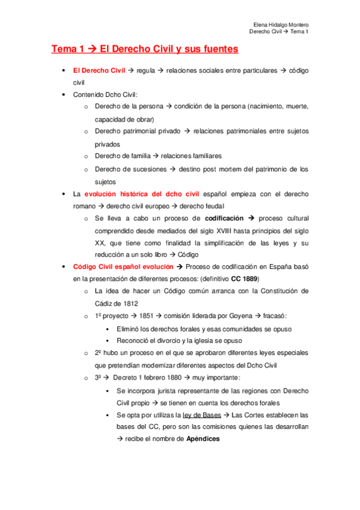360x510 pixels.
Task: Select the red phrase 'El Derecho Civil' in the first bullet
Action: (99, 71)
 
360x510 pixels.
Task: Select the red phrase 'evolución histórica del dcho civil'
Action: (142, 194)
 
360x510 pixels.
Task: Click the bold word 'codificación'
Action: (224, 218)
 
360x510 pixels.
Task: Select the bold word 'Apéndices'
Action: (203, 439)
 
